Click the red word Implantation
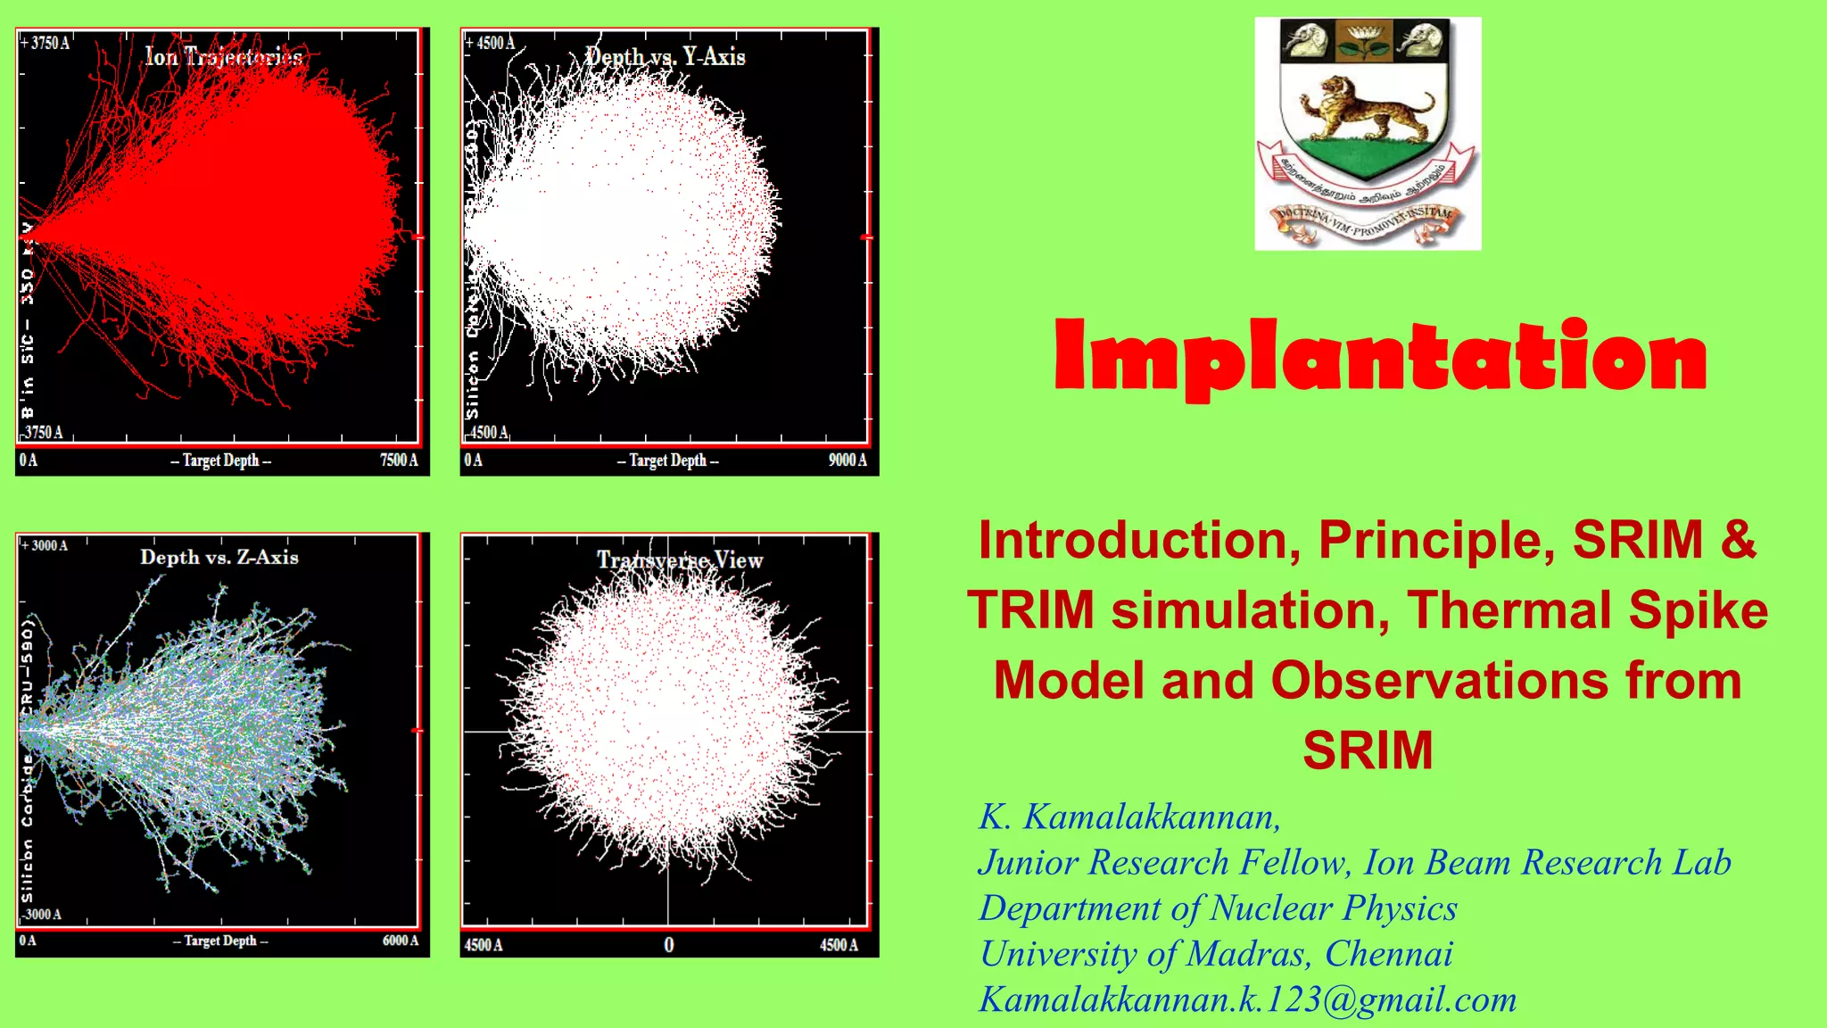[1380, 358]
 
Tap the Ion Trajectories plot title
[224, 57]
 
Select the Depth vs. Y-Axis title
[665, 56]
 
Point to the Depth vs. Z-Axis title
[219, 557]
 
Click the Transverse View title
[680, 560]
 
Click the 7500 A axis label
[399, 460]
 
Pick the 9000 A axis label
[847, 460]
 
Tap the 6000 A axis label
[401, 941]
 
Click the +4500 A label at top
[491, 43]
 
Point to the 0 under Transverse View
[669, 945]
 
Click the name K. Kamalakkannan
[1129, 817]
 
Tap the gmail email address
[1247, 999]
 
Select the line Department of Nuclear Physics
[1218, 908]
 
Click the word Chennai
[1388, 954]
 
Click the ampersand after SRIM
[1739, 540]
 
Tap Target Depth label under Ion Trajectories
[221, 460]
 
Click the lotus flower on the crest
[1364, 40]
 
